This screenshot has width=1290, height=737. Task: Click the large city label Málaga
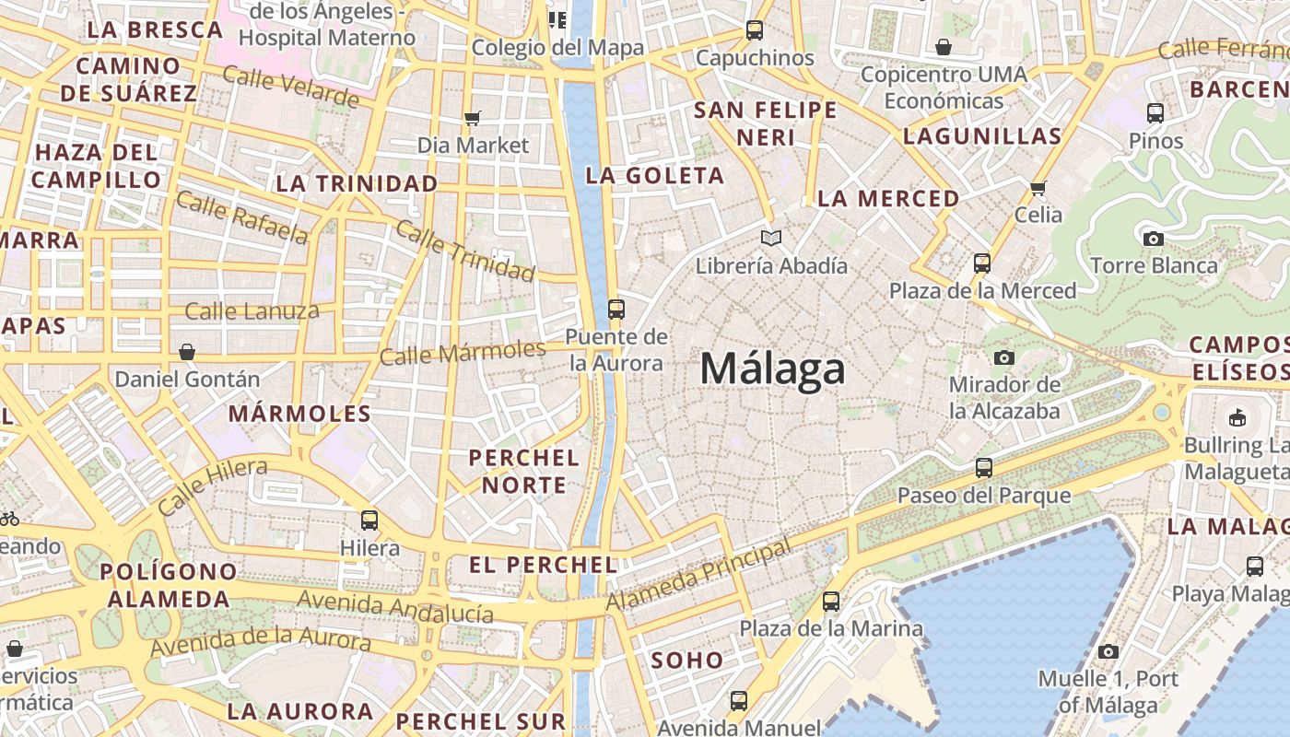(772, 369)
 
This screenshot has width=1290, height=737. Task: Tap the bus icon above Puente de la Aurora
(616, 310)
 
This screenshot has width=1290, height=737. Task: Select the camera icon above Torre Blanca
(1153, 239)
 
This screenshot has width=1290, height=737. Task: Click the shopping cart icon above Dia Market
(473, 118)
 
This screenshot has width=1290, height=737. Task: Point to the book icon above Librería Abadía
(771, 239)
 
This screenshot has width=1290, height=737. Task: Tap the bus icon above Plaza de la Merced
(982, 263)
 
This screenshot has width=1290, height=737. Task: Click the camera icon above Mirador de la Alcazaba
(1004, 357)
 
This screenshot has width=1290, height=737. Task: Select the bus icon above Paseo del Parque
(984, 468)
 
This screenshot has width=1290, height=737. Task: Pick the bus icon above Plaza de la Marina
(831, 602)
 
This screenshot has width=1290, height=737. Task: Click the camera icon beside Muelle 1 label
(1108, 652)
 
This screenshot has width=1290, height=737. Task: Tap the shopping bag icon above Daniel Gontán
(187, 352)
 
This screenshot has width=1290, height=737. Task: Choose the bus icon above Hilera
(369, 521)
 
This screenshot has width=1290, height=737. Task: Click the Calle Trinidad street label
(464, 250)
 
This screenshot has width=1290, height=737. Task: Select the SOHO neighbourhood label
(687, 661)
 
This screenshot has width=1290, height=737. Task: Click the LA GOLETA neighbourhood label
(655, 175)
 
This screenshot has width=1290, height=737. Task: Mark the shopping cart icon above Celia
(1038, 189)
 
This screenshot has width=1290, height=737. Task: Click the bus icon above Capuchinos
(755, 30)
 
